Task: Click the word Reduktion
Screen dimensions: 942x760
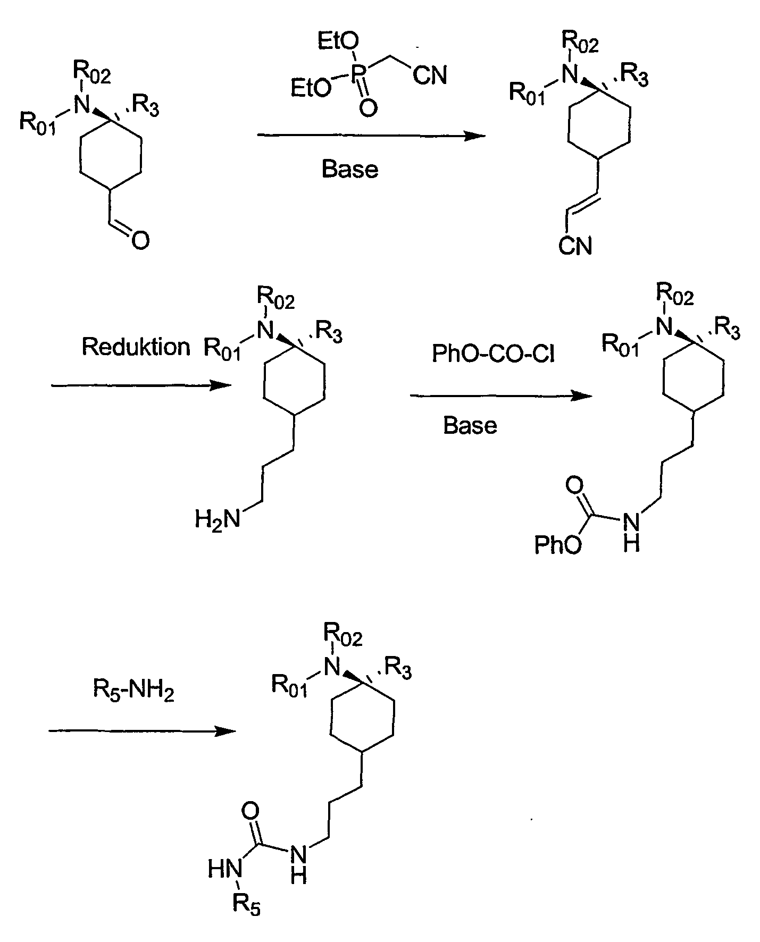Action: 136,347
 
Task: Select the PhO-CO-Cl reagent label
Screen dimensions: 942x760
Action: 494,354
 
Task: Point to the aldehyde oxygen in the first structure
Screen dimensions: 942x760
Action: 140,241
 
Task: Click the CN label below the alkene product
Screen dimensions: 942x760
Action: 575,246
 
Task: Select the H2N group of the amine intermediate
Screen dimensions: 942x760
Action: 217,519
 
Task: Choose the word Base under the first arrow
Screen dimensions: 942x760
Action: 350,170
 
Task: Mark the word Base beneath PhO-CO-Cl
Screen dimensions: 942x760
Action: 470,425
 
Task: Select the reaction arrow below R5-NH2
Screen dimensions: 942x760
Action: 142,731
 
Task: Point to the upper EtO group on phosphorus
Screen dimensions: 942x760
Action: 338,41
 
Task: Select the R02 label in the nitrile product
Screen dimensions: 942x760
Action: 581,44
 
